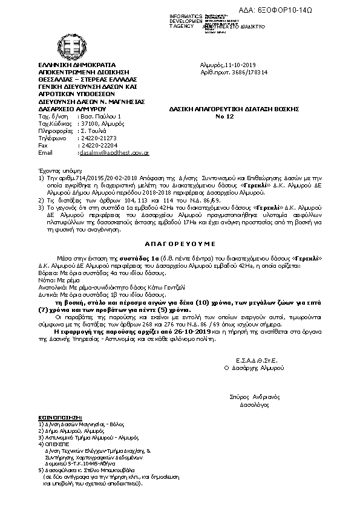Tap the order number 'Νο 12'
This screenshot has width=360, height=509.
click(x=224, y=115)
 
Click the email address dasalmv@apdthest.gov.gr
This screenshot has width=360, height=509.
click(x=114, y=153)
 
